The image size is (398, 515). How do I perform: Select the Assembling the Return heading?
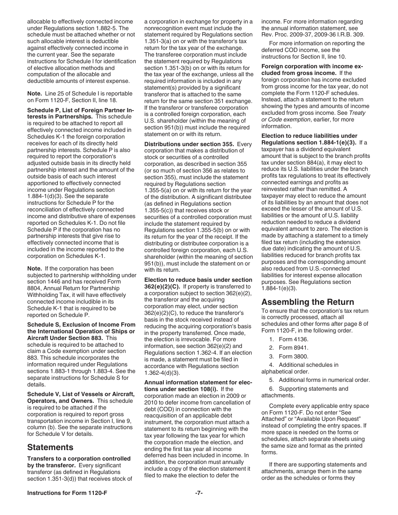click(308, 302)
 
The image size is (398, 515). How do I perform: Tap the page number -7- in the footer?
click(199, 493)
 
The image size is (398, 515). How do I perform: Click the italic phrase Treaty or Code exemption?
click(312, 116)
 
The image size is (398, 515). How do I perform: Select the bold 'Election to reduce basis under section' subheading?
click(198, 280)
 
